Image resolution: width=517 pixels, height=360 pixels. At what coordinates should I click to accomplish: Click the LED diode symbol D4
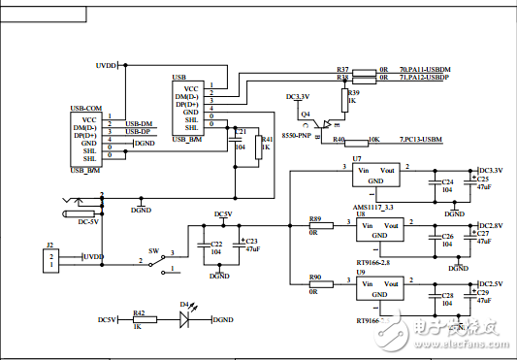183,319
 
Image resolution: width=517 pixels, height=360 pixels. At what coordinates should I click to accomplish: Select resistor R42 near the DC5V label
140,319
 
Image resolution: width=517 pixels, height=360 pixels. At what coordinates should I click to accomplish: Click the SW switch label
153,249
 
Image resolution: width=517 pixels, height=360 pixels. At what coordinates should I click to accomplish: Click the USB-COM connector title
85,108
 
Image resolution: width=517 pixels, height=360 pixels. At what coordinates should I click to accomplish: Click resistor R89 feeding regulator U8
320,224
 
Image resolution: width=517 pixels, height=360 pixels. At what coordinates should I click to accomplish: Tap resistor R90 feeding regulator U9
320,283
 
